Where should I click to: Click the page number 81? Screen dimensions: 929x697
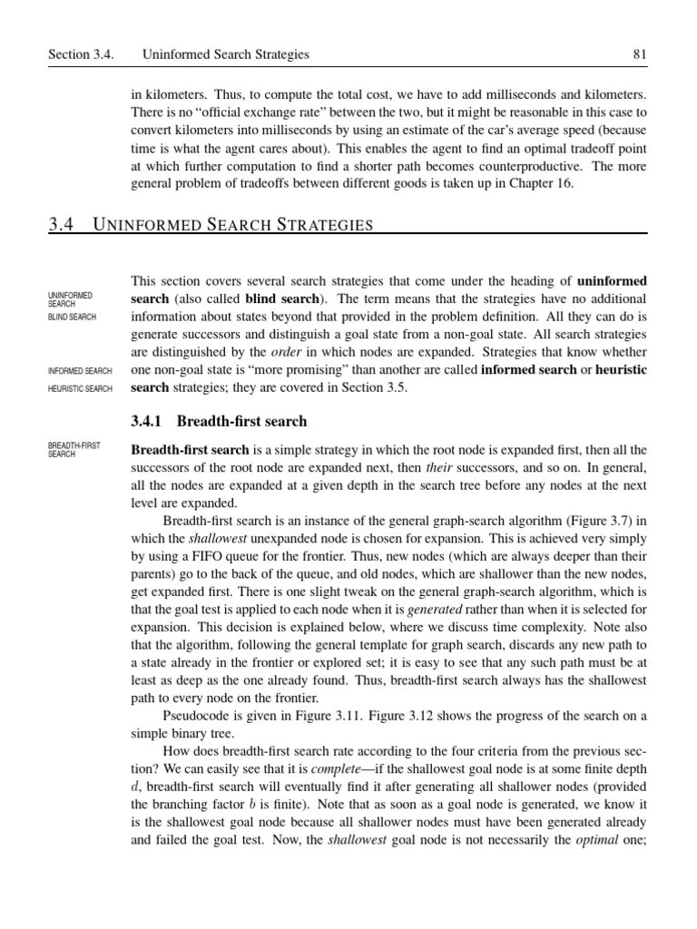pos(639,55)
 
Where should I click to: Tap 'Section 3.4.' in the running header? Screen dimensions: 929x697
pos(82,55)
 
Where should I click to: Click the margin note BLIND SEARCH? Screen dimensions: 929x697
pos(73,318)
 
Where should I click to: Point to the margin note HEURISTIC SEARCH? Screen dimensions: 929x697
pos(80,389)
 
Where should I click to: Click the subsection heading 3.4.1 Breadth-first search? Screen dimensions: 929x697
pos(219,422)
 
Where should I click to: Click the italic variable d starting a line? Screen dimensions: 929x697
pos(135,787)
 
